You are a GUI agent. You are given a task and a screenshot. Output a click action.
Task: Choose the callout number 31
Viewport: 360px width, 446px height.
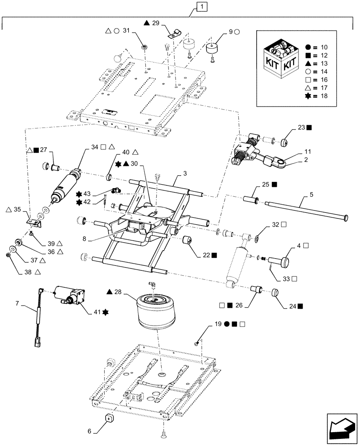click(126, 31)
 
